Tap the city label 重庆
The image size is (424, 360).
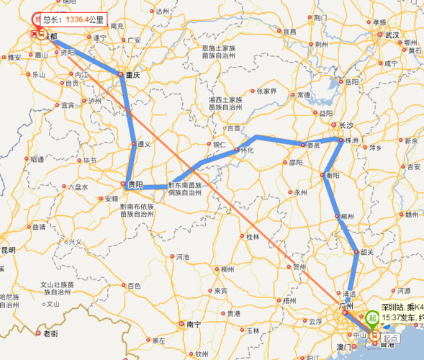tap(130, 75)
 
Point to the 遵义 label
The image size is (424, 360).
tap(143, 144)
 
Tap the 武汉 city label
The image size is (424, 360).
tap(392, 34)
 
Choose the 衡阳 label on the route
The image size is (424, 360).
tap(332, 175)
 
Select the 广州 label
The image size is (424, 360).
tap(352, 307)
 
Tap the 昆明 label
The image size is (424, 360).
tap(7, 249)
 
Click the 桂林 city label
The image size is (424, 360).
tap(253, 236)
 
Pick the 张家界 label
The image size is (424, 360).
tap(266, 91)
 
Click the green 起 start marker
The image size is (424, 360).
tap(372, 316)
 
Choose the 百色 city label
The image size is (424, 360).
tap(134, 286)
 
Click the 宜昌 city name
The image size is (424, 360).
tap(290, 32)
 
